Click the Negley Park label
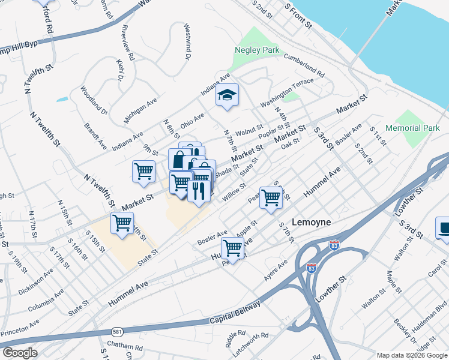(257, 50)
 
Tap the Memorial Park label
(412, 128)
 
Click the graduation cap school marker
(227, 95)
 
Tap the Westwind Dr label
(187, 40)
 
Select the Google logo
(20, 353)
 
